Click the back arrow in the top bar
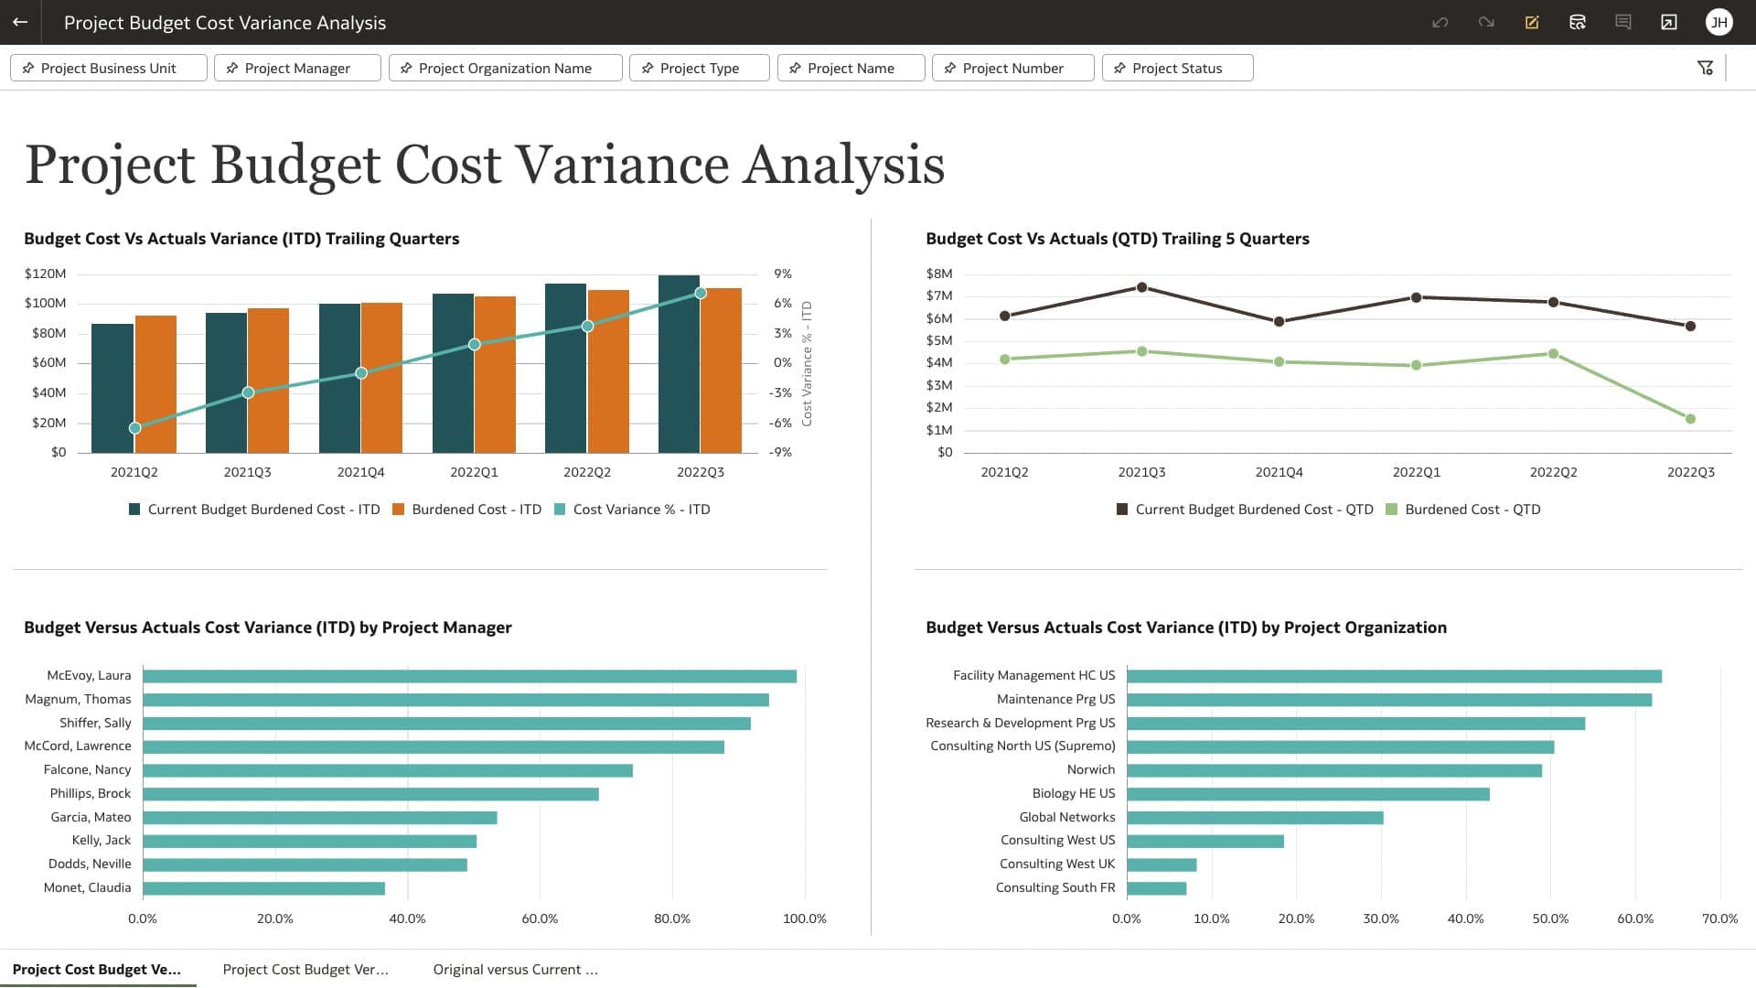(20, 22)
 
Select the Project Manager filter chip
(296, 69)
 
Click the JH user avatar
(1719, 22)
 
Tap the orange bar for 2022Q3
(721, 370)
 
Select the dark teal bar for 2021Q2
(112, 389)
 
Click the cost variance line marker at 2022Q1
(474, 345)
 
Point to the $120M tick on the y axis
(45, 274)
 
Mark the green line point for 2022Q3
(1690, 419)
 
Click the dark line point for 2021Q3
(1141, 287)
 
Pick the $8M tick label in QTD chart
(939, 274)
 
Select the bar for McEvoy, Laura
(469, 676)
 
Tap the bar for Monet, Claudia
(263, 888)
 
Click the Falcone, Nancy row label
(87, 769)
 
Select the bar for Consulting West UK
(1162, 864)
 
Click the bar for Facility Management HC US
(1394, 676)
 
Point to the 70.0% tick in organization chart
(1719, 918)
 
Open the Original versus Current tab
(515, 970)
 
